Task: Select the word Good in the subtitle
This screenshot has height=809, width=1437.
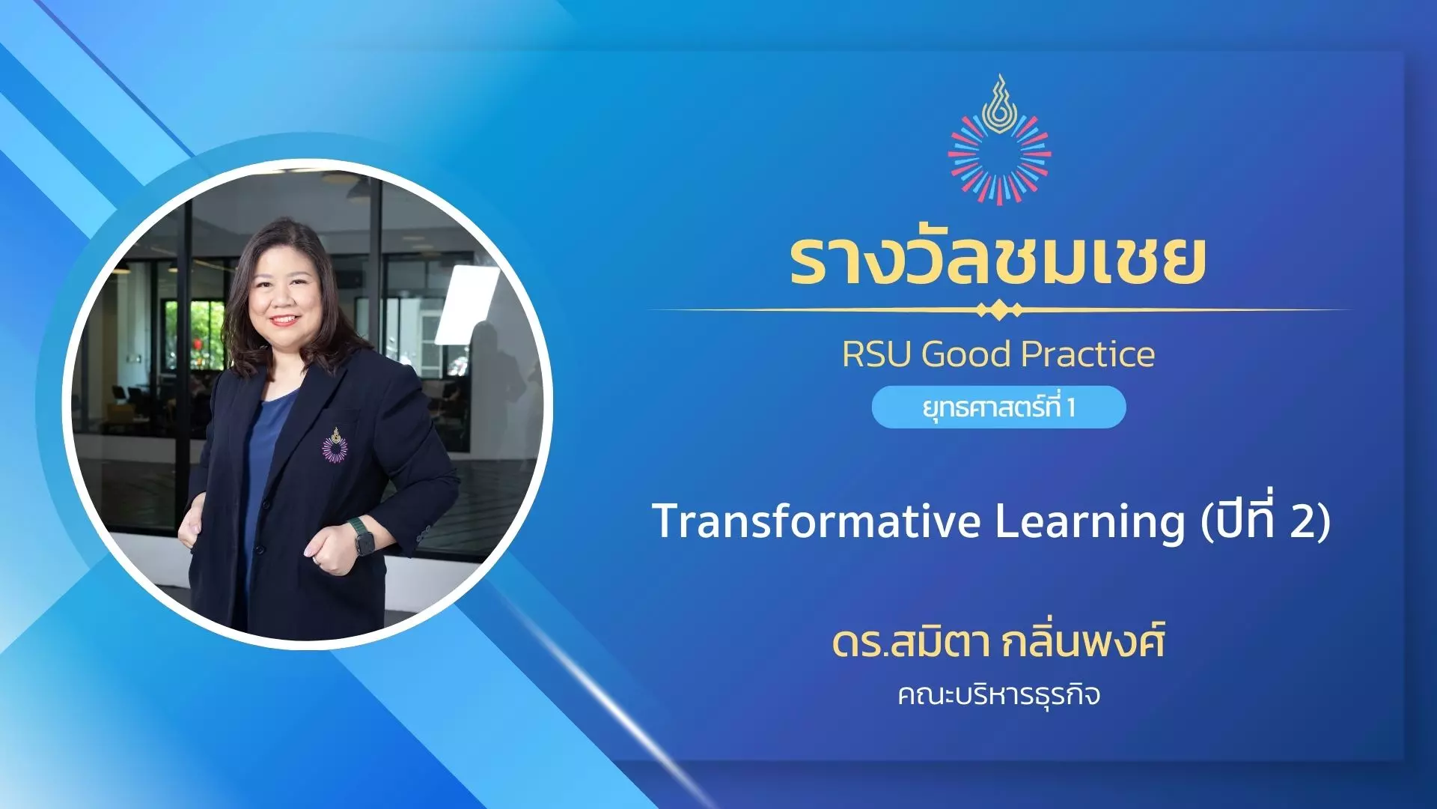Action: point(966,354)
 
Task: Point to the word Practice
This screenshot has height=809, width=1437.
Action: point(1088,354)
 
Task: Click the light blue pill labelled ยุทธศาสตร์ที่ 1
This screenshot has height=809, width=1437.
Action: point(998,407)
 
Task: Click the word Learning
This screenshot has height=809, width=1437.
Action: point(1090,522)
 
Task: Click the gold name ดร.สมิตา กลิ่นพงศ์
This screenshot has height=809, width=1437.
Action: point(998,643)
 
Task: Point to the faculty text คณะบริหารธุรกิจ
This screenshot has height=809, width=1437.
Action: point(998,694)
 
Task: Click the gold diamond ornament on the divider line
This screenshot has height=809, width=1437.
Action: point(999,310)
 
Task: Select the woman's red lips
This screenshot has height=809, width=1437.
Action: point(284,320)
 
